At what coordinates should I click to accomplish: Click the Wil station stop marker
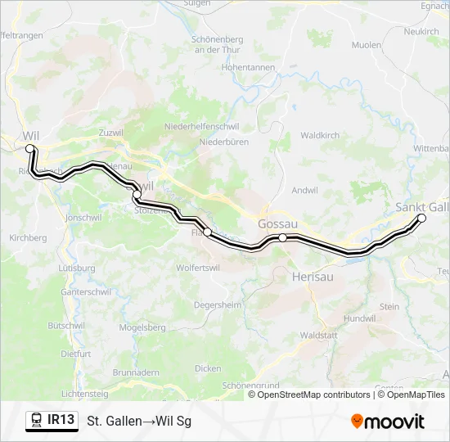[x=30, y=148]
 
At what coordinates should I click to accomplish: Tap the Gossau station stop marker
[x=282, y=237]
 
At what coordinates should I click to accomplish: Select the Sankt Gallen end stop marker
[x=422, y=218]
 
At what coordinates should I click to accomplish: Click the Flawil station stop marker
[x=208, y=232]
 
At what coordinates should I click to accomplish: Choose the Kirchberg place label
[x=27, y=237]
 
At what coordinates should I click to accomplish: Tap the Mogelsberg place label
[x=142, y=327]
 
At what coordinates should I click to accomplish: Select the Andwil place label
[x=304, y=191]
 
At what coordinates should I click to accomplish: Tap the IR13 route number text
[x=61, y=420]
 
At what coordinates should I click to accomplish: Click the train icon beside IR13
[x=37, y=421]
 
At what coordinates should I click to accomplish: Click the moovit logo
[x=388, y=422]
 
